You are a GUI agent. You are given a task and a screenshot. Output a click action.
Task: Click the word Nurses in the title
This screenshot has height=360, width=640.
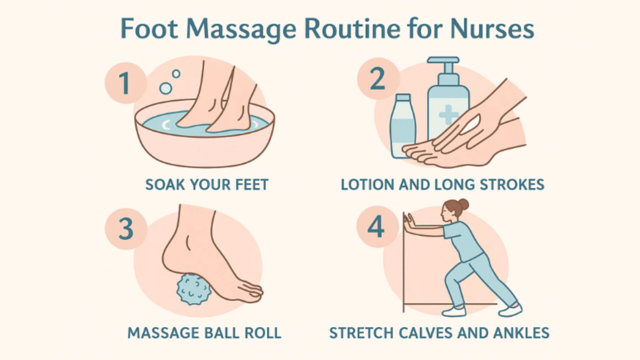click(x=492, y=29)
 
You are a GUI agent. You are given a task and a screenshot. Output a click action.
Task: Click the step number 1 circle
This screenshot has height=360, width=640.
click(x=125, y=83)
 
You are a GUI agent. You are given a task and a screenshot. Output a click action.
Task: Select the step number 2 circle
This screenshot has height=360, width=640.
click(x=378, y=78)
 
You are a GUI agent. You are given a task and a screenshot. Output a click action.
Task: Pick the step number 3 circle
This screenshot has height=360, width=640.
click(x=126, y=229)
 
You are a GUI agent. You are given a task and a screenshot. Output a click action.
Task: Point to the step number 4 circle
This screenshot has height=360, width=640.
click(x=377, y=227)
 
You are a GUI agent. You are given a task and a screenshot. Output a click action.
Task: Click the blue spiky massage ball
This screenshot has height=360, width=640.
click(x=194, y=289)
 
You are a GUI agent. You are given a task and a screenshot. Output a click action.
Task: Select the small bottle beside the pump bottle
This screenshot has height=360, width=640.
click(x=403, y=126)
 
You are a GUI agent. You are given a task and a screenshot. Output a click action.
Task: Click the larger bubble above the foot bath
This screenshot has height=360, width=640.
click(x=165, y=89)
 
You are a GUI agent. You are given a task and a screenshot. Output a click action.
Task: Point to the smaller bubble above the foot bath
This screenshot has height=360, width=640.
click(x=177, y=74)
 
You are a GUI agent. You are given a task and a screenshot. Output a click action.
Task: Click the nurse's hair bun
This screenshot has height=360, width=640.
click(x=463, y=204)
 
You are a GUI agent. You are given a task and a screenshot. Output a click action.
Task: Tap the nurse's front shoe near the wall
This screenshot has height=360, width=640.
click(x=454, y=311)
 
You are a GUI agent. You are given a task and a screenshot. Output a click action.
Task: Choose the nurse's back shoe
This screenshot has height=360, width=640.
click(x=510, y=309)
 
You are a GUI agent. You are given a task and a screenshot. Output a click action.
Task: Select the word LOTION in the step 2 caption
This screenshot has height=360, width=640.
click(x=367, y=185)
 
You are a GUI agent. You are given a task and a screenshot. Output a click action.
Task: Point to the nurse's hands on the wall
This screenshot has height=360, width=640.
click(x=409, y=221)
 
